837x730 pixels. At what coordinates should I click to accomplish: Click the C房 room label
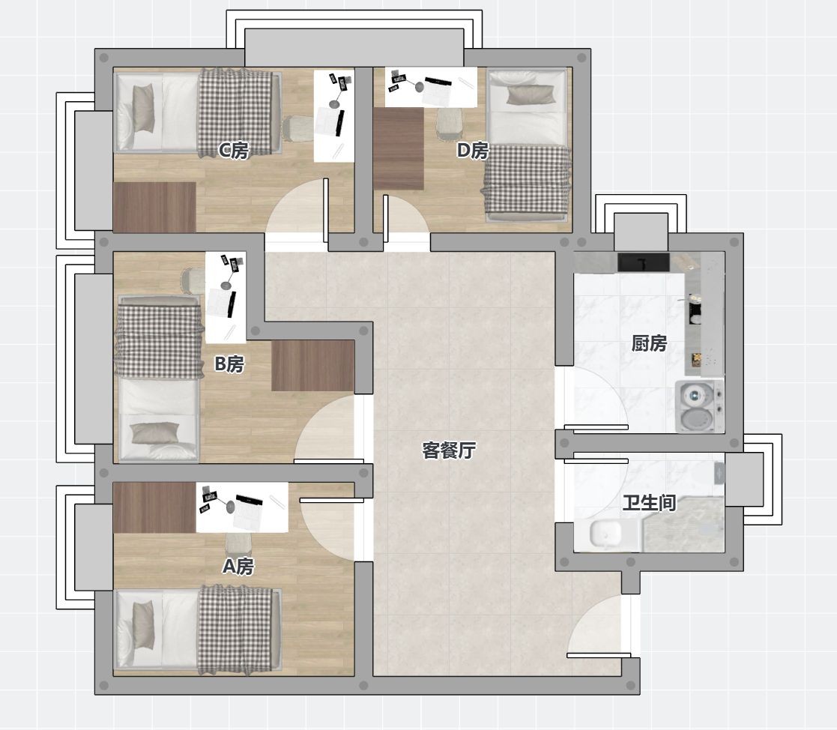pyautogui.click(x=234, y=151)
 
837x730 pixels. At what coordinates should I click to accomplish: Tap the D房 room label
pyautogui.click(x=472, y=151)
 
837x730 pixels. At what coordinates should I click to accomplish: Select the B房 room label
pyautogui.click(x=229, y=364)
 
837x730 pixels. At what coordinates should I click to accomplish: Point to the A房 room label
pyautogui.click(x=238, y=566)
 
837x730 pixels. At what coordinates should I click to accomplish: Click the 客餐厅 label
pyautogui.click(x=448, y=450)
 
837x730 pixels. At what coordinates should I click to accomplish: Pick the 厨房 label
pyautogui.click(x=649, y=343)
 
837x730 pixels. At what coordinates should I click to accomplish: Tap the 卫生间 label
pyautogui.click(x=649, y=502)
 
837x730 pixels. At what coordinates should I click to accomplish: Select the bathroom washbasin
pyautogui.click(x=606, y=534)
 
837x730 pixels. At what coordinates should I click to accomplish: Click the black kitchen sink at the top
pyautogui.click(x=644, y=262)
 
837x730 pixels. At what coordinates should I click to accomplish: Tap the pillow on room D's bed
pyautogui.click(x=530, y=95)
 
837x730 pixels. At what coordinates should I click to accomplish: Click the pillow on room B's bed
pyautogui.click(x=155, y=433)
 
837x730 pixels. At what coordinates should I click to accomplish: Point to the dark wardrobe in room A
pyautogui.click(x=154, y=507)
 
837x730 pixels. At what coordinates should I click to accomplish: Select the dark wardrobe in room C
pyautogui.click(x=154, y=207)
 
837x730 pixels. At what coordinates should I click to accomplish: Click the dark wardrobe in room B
pyautogui.click(x=312, y=366)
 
